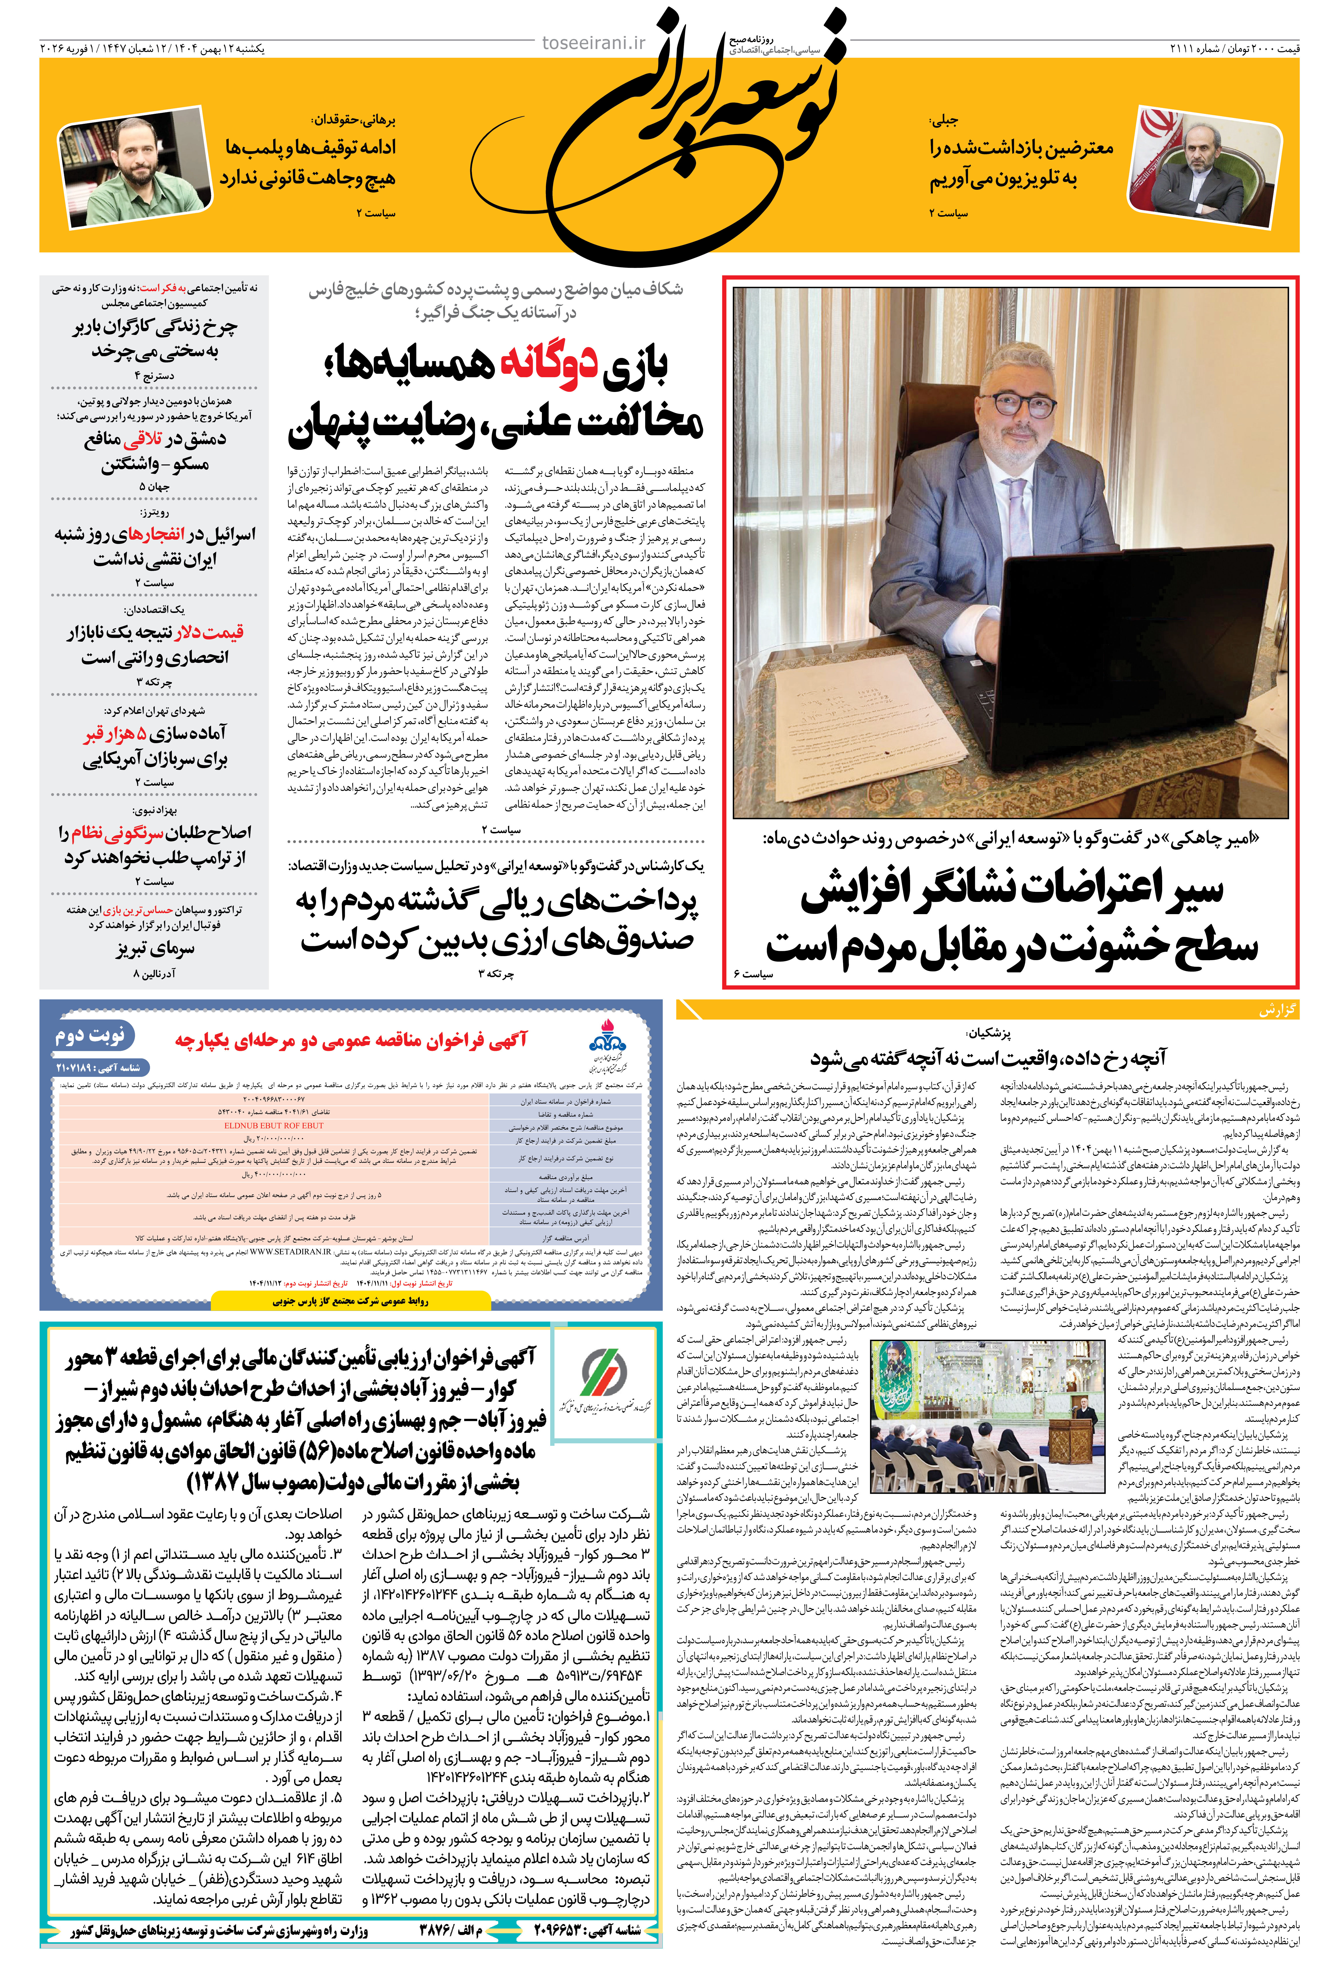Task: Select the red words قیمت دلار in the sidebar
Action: (209, 632)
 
